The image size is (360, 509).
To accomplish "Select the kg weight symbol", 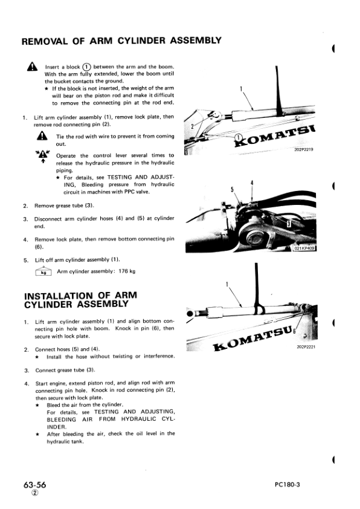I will tap(43, 271).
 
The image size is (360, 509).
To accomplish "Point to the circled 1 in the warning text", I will tap(86, 66).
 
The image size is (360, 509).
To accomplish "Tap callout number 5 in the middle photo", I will tap(233, 190).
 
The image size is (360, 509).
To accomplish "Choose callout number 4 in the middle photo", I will tap(251, 183).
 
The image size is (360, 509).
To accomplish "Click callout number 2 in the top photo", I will tap(192, 128).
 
